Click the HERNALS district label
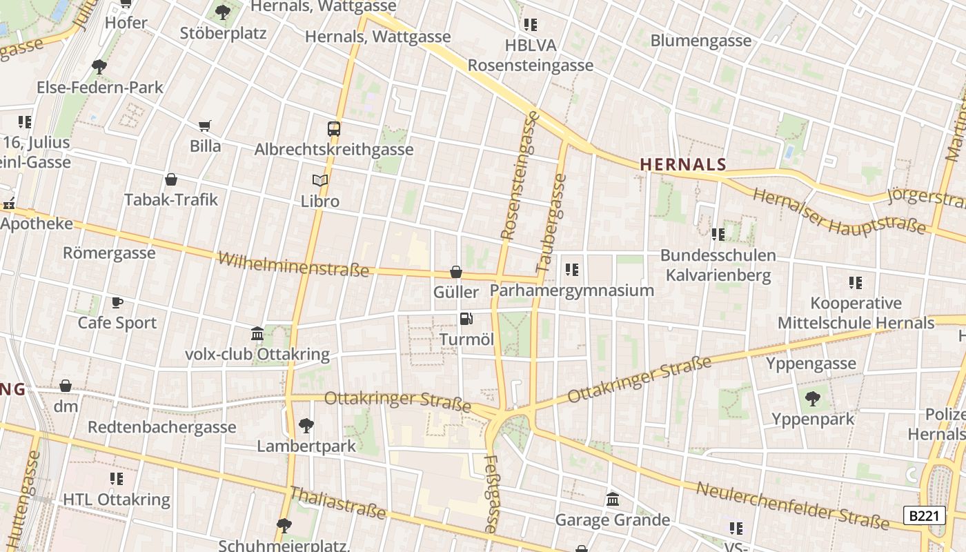[683, 164]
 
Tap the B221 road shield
[924, 516]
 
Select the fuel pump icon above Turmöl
[466, 319]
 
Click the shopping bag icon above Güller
[455, 272]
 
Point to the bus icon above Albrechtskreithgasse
[334, 128]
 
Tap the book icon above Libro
[320, 181]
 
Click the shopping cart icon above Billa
[204, 126]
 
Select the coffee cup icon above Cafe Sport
[117, 302]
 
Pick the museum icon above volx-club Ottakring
[257, 334]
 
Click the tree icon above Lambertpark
[306, 425]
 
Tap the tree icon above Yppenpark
[813, 398]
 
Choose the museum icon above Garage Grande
[612, 499]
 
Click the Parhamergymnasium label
[572, 290]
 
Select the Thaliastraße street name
[337, 502]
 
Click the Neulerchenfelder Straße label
[793, 506]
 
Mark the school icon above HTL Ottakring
[116, 478]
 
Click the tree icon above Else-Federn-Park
[99, 67]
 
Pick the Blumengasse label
[700, 41]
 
